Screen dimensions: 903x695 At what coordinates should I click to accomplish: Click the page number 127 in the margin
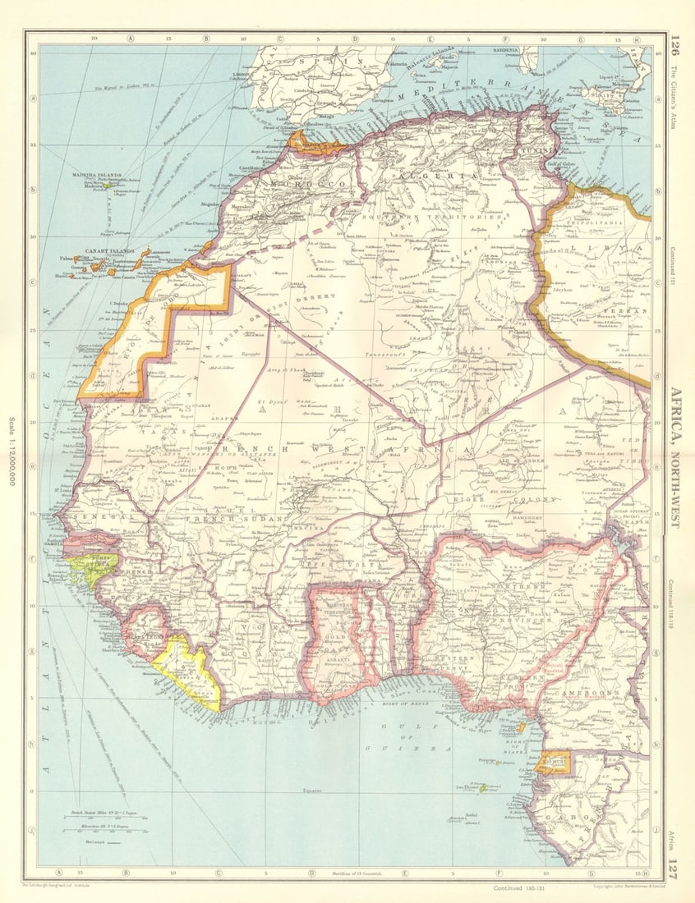(674, 867)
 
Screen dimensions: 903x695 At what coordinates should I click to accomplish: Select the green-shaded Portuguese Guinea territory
(92, 566)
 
